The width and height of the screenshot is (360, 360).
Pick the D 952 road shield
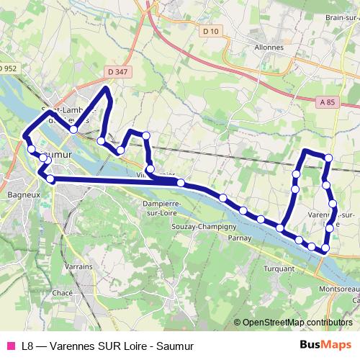7,68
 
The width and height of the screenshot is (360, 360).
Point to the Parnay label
238,237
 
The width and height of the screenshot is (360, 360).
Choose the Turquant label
279,268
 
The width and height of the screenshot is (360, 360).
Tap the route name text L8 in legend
28,346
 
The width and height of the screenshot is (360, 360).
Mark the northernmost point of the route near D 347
108,88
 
